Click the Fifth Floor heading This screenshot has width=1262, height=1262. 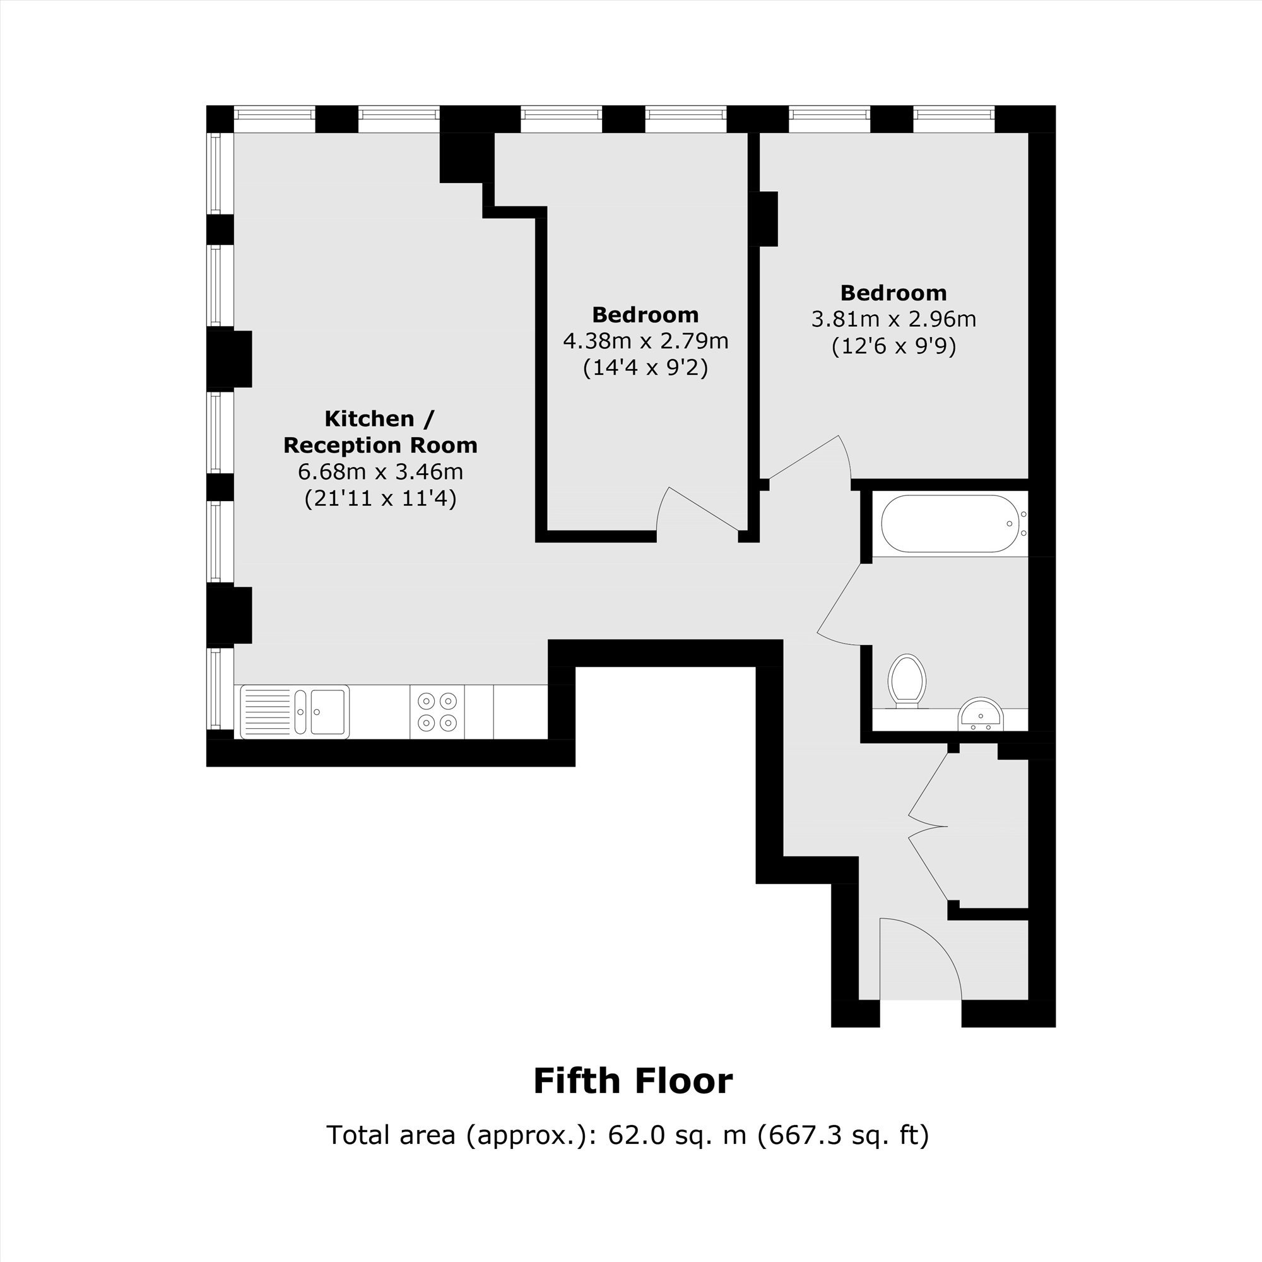pyautogui.click(x=632, y=1080)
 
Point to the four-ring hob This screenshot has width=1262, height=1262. pyautogui.click(x=437, y=711)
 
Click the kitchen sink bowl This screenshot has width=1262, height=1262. pyautogui.click(x=328, y=711)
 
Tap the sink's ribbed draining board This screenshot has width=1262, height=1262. pyautogui.click(x=268, y=711)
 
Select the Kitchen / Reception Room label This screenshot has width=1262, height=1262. pyautogui.click(x=380, y=432)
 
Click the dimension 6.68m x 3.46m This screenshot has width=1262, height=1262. pyautogui.click(x=380, y=471)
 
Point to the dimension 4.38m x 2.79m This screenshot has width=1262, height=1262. pyautogui.click(x=646, y=340)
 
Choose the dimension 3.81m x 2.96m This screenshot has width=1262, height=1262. pyautogui.click(x=893, y=319)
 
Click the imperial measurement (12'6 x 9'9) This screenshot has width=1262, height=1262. pyautogui.click(x=893, y=346)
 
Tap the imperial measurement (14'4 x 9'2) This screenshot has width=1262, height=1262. pyautogui.click(x=646, y=367)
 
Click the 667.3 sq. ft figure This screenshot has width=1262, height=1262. pyautogui.click(x=842, y=1135)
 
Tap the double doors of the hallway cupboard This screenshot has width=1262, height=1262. pyautogui.click(x=928, y=827)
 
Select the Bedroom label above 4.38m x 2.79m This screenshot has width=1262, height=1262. pyautogui.click(x=646, y=315)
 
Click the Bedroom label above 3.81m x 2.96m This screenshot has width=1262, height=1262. pyautogui.click(x=893, y=293)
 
